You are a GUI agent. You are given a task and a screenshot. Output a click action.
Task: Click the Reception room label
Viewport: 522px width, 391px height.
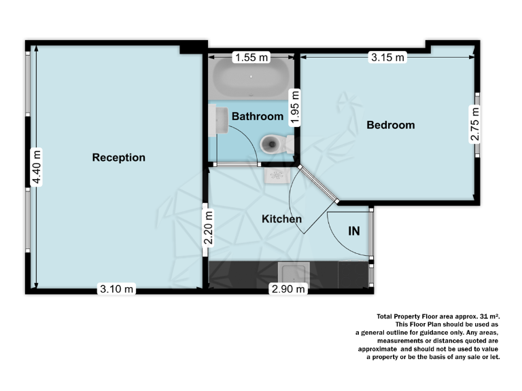point(119,157)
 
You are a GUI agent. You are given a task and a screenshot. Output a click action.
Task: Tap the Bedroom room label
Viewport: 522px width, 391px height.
point(391,125)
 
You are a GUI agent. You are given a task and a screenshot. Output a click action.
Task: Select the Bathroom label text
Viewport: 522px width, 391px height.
point(258,117)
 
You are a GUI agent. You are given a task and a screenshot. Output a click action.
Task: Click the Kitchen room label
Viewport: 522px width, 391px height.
point(282,219)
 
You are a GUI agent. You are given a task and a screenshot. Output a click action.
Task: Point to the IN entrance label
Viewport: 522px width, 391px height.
point(354,231)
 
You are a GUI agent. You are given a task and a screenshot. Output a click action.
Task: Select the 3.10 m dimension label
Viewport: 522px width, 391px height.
point(118,290)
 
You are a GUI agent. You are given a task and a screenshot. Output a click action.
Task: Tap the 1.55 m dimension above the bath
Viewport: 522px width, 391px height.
point(251,58)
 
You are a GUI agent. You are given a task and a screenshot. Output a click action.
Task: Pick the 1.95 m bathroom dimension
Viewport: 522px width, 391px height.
point(294,107)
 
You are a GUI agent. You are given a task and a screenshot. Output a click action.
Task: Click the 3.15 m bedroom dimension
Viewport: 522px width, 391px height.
point(387,58)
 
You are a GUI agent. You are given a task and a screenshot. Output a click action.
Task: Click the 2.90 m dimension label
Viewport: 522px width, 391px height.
point(288,290)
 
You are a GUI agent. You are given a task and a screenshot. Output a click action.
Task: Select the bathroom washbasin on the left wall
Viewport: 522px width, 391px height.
point(219,122)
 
